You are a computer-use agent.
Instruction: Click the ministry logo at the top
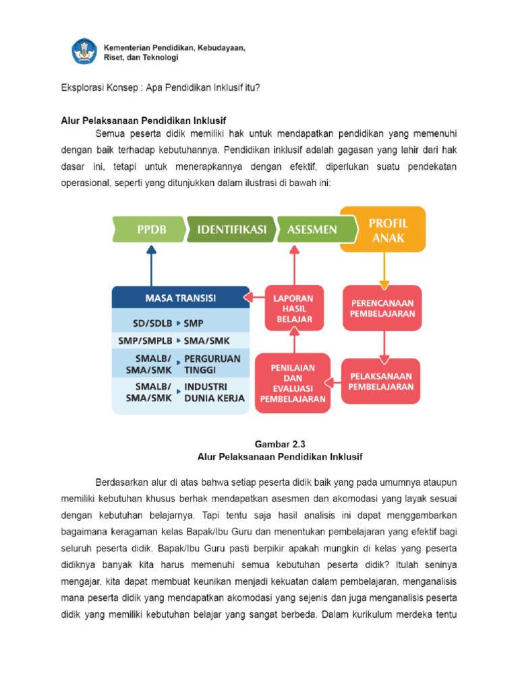click(x=84, y=51)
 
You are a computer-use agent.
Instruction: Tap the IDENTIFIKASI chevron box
click(x=231, y=230)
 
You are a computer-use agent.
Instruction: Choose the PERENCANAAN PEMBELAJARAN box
click(x=382, y=308)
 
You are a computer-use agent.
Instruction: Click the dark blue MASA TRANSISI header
click(x=180, y=296)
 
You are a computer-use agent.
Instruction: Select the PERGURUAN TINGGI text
click(x=212, y=365)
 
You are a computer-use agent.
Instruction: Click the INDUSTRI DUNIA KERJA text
click(x=214, y=392)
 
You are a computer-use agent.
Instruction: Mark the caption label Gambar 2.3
click(x=280, y=444)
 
